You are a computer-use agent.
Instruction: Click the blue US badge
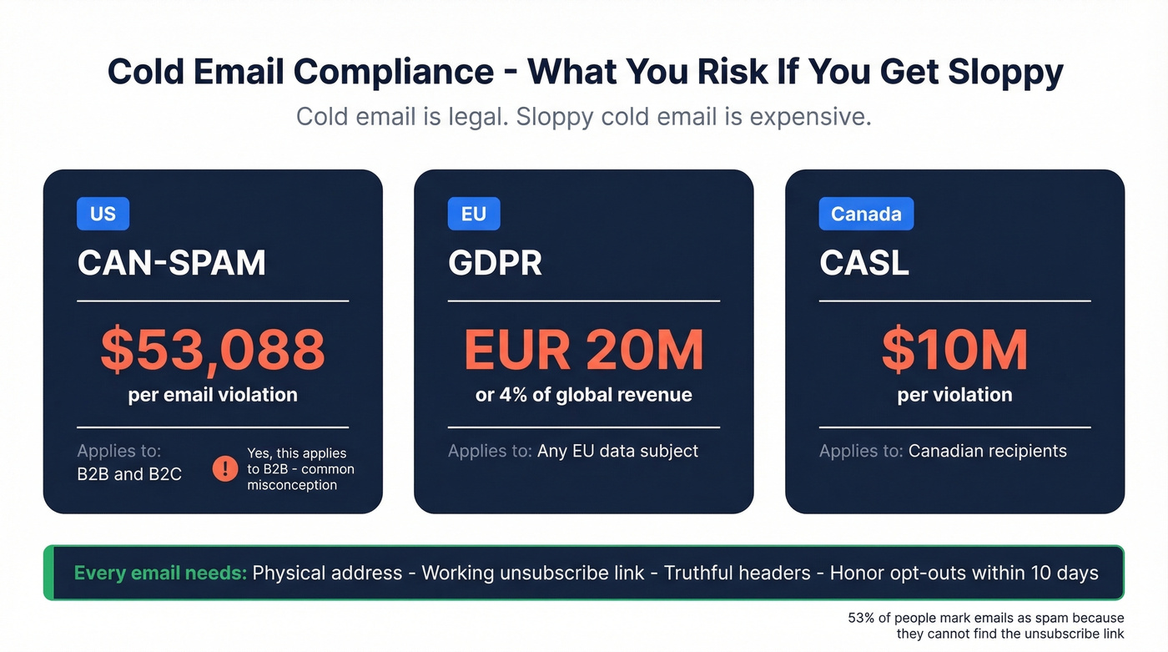[103, 214]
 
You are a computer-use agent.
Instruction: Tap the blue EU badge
[473, 214]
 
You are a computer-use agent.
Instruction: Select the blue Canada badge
[866, 214]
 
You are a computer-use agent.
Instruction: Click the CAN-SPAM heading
[172, 263]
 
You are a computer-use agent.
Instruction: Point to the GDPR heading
[495, 263]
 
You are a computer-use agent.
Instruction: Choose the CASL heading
[864, 263]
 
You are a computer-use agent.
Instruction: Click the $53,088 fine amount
[213, 350]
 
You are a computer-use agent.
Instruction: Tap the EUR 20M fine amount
[584, 350]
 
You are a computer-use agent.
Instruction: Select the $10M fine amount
[954, 350]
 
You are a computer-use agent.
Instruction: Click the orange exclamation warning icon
[225, 468]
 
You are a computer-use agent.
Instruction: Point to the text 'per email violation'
[213, 395]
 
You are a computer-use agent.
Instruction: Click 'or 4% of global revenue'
[584, 395]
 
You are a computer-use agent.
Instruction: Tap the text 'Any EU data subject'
[617, 452]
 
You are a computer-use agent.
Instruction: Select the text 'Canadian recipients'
[987, 452]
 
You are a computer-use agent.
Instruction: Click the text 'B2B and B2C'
[129, 474]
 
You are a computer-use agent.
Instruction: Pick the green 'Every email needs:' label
[160, 574]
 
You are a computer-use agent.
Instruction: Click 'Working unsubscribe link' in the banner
[533, 574]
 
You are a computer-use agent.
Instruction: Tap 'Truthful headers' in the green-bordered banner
[737, 574]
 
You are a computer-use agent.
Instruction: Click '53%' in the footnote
[861, 619]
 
